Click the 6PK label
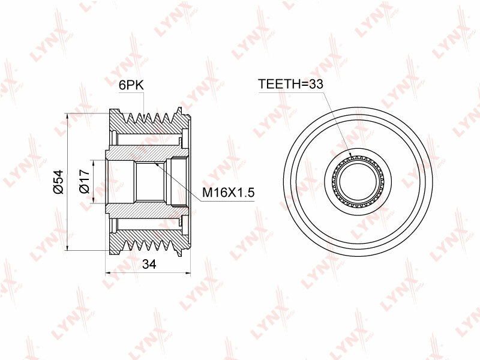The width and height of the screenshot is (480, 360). tap(131, 85)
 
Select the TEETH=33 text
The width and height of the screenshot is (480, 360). tap(290, 83)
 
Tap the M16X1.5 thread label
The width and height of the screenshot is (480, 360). tap(229, 193)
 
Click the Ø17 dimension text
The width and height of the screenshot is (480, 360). tap(84, 181)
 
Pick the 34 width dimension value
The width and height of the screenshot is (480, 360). tap(149, 264)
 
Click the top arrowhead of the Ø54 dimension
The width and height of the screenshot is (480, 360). tap(67, 116)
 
